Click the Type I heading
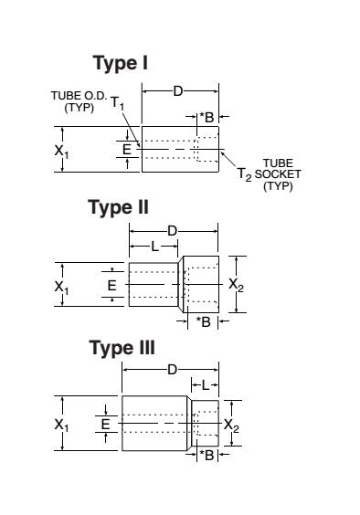[121, 63]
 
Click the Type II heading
[119, 208]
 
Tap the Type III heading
[122, 348]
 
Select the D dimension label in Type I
[178, 91]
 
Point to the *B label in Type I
[206, 117]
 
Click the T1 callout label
[117, 103]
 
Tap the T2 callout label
[245, 174]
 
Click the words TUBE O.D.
[79, 96]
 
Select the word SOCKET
[278, 174]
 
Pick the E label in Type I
[127, 150]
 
